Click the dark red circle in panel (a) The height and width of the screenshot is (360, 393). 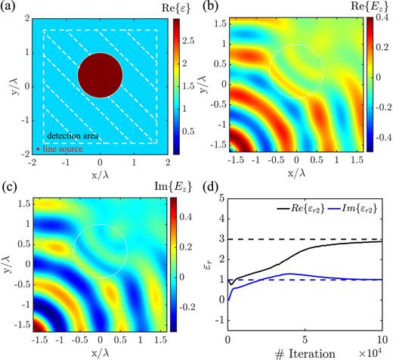[x=100, y=76]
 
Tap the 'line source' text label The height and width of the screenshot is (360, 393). [x=60, y=151]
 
